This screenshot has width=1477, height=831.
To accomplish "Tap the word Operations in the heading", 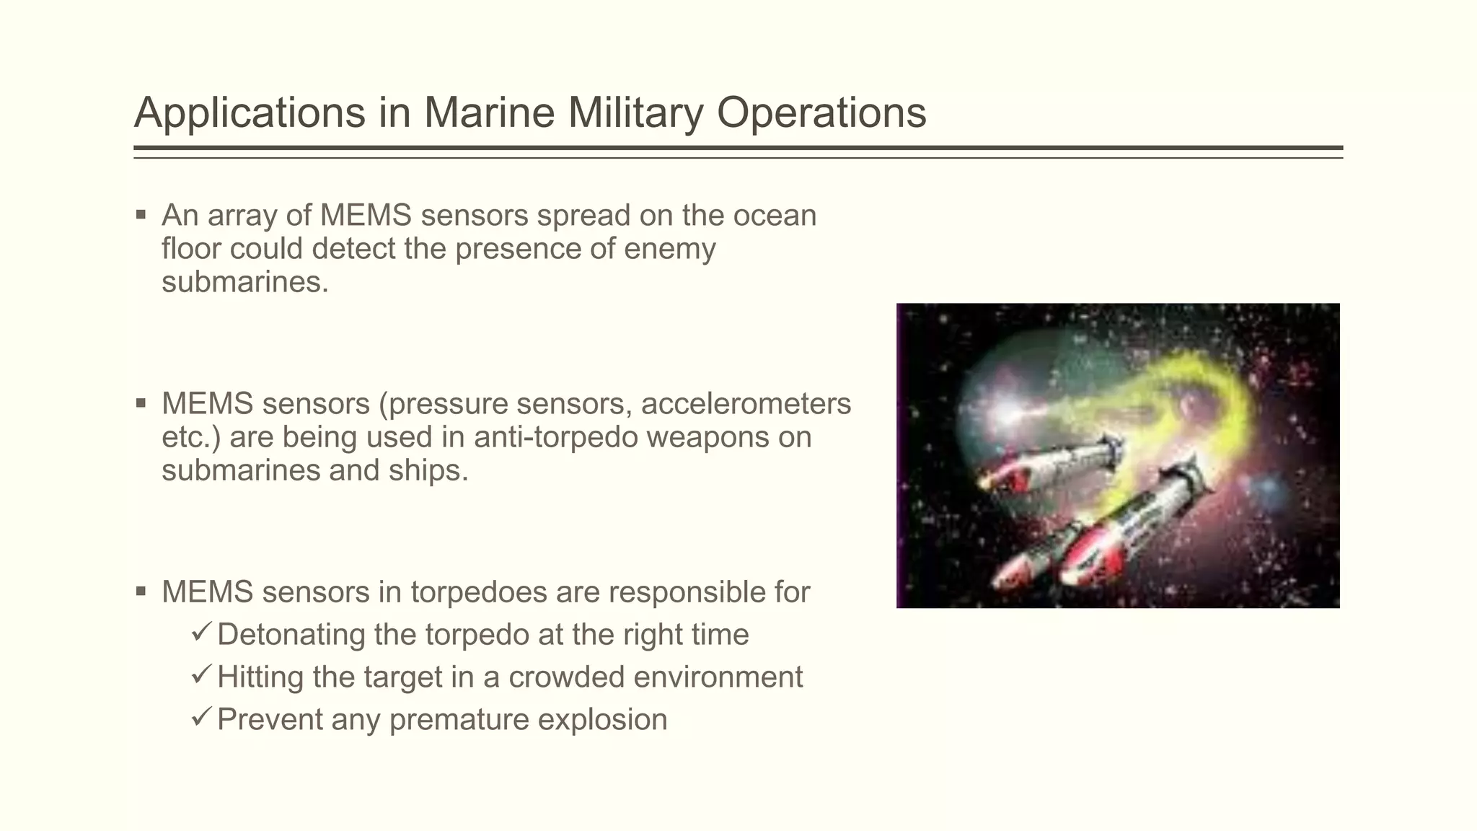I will (x=821, y=113).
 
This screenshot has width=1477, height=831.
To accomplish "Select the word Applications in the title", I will (x=250, y=113).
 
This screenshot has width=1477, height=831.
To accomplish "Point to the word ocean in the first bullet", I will (x=775, y=216).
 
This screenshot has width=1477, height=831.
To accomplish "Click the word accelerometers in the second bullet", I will (x=746, y=404).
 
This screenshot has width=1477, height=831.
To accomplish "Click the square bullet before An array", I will (x=141, y=214).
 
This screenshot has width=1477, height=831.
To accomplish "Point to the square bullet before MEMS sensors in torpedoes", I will (x=141, y=592).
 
